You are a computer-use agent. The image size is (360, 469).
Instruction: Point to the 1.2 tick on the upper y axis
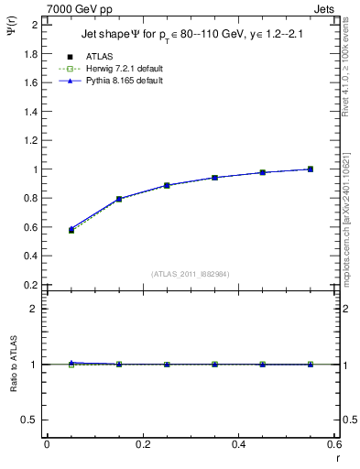(30, 140)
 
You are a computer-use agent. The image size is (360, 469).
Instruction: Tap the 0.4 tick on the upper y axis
(30, 256)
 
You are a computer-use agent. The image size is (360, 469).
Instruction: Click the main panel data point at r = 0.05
(71, 230)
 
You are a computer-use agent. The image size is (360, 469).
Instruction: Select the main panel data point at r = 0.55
(311, 169)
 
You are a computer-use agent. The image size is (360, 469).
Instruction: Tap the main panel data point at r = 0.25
(167, 185)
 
